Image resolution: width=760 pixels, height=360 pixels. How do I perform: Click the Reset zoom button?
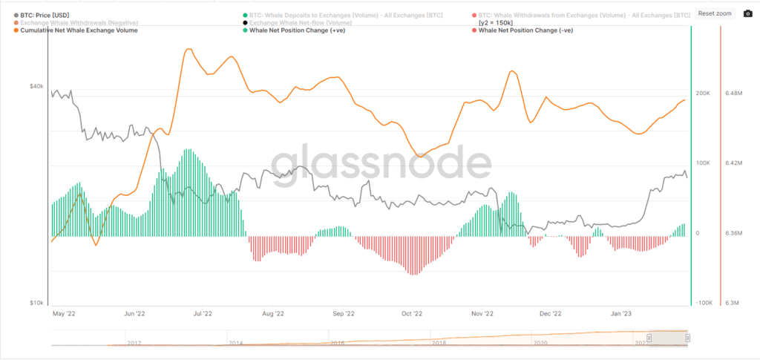pos(715,13)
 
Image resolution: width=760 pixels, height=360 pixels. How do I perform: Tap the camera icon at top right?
pos(747,13)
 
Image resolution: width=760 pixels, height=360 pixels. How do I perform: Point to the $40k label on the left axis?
pos(36,86)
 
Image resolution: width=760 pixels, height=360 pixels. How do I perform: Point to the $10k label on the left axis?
pos(36,303)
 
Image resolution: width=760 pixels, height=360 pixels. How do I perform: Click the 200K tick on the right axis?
pos(702,93)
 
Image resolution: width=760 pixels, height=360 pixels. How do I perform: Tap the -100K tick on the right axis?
pos(702,303)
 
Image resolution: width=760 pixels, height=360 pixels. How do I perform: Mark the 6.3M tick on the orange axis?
pos(732,303)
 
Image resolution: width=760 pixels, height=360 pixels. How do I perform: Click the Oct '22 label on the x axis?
pos(412,313)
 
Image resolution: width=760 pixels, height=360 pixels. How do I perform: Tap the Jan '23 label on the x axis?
pos(620,313)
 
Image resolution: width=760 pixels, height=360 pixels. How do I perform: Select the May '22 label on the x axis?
pos(65,313)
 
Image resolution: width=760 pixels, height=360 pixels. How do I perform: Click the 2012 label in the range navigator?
pos(134,343)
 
